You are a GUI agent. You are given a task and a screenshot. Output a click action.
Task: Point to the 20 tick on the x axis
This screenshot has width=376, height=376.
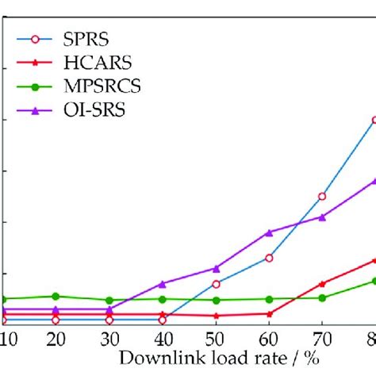pyautogui.click(x=56, y=340)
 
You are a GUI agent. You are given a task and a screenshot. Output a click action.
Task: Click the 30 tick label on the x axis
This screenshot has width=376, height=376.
pyautogui.click(x=109, y=340)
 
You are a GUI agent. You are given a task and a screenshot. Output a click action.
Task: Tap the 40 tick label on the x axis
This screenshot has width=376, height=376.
pyautogui.click(x=163, y=340)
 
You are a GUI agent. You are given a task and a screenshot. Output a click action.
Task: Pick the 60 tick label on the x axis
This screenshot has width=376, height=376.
pyautogui.click(x=269, y=340)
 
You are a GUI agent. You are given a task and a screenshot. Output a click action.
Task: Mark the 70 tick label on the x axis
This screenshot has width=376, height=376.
pyautogui.click(x=322, y=340)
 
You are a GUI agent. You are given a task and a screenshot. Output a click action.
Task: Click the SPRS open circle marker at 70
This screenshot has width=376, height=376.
pyautogui.click(x=322, y=196)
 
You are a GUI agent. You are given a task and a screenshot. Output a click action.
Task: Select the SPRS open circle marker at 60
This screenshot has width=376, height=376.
pyautogui.click(x=269, y=258)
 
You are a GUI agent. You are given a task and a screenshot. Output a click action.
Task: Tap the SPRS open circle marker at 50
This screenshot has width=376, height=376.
pyautogui.click(x=216, y=283)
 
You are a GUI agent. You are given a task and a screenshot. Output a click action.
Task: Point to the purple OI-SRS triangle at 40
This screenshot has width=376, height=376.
pyautogui.click(x=163, y=283)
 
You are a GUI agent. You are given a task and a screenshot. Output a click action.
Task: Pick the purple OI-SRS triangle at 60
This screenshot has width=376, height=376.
pyautogui.click(x=269, y=232)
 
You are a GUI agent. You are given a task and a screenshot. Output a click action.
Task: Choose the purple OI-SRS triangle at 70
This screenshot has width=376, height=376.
pyautogui.click(x=322, y=217)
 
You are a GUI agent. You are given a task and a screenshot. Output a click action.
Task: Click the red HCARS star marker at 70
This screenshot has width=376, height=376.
pyautogui.click(x=322, y=283)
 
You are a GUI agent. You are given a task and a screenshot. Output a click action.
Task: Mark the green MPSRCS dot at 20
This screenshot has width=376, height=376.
pyautogui.click(x=56, y=296)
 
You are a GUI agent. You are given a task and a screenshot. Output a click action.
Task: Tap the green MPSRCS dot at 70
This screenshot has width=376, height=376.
pyautogui.click(x=322, y=297)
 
